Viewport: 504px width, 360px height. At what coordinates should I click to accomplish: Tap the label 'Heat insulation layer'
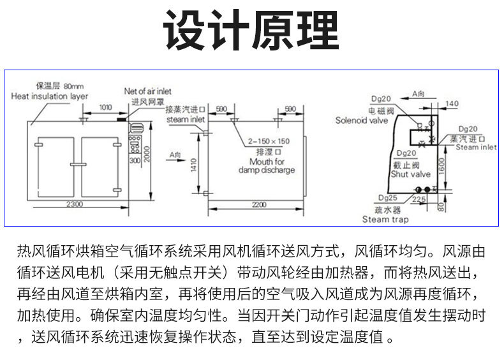point(50,96)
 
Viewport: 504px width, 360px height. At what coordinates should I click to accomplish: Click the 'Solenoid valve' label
point(361,120)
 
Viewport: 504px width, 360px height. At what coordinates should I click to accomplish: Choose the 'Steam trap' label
point(385,219)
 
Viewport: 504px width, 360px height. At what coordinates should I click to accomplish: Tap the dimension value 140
point(452,103)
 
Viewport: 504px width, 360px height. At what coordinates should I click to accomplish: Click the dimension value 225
point(436,200)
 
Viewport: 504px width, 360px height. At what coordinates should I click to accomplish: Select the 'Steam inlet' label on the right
point(476,147)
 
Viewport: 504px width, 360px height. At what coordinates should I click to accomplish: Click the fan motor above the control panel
point(122,117)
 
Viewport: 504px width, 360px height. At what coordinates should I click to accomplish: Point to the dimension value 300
point(135,161)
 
